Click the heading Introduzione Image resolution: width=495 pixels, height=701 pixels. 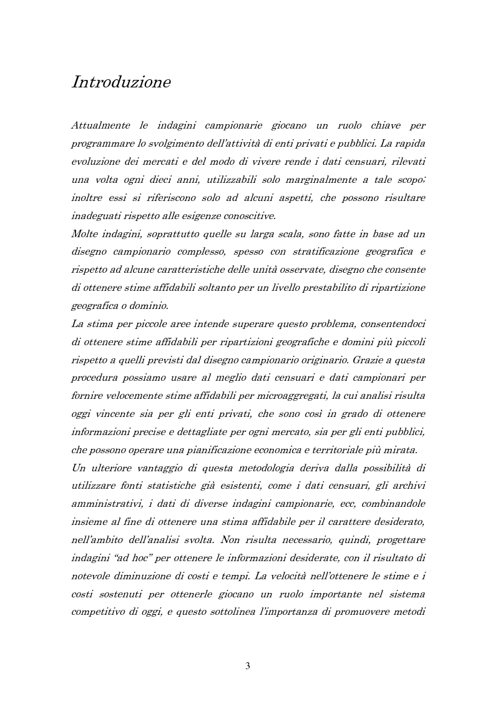121,82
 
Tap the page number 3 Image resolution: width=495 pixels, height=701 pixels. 248,666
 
